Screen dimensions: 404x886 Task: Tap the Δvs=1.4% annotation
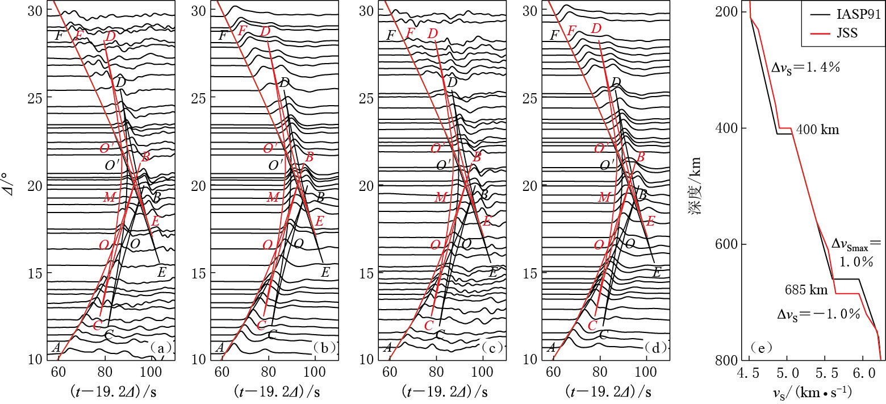click(x=805, y=68)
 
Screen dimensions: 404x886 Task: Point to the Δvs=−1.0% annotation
click(x=818, y=314)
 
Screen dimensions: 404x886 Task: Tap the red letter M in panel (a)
click(x=109, y=198)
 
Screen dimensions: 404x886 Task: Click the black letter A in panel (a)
click(x=56, y=347)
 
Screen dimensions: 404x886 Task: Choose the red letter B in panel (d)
click(x=641, y=156)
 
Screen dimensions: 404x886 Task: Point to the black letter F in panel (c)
click(x=391, y=35)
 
